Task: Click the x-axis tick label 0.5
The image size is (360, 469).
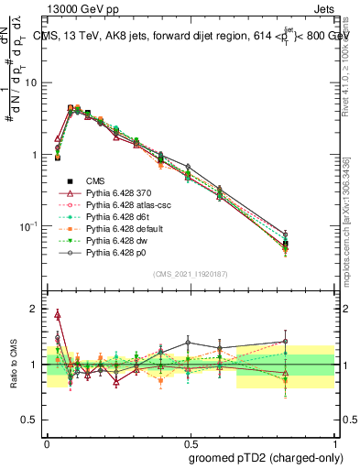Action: tap(191, 441)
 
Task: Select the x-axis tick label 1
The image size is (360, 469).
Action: tap(336, 441)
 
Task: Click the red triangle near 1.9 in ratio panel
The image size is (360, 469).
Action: tap(58, 315)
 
